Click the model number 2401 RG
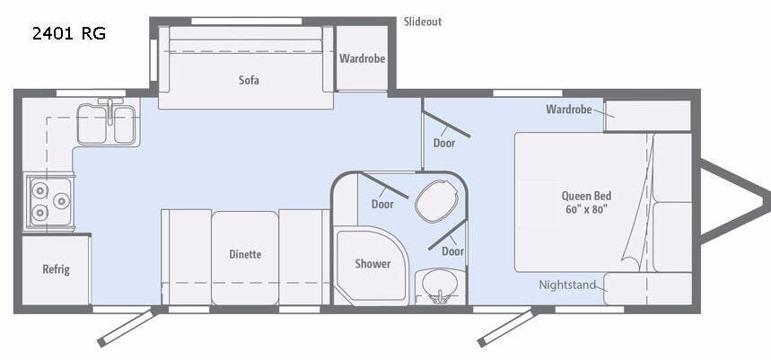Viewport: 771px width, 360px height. (x=69, y=33)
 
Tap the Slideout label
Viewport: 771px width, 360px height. (x=423, y=22)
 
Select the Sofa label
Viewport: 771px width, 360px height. (x=249, y=80)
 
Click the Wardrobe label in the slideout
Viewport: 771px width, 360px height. (x=362, y=58)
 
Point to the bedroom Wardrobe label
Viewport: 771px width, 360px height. (x=569, y=110)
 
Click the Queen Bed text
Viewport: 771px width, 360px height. (x=587, y=196)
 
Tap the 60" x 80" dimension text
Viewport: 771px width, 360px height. (x=587, y=208)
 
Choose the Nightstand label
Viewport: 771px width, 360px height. (x=567, y=285)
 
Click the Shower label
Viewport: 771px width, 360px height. (x=372, y=264)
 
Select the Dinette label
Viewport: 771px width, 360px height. (x=245, y=254)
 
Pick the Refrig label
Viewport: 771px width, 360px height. (x=56, y=269)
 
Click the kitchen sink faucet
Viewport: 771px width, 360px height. (x=110, y=109)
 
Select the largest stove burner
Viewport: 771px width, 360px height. (x=62, y=201)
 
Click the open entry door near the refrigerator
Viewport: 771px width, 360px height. (x=127, y=327)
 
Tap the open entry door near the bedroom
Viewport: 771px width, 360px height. (x=507, y=327)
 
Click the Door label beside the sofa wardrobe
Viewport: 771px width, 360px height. (x=444, y=143)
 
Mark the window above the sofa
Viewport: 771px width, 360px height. (x=246, y=22)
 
